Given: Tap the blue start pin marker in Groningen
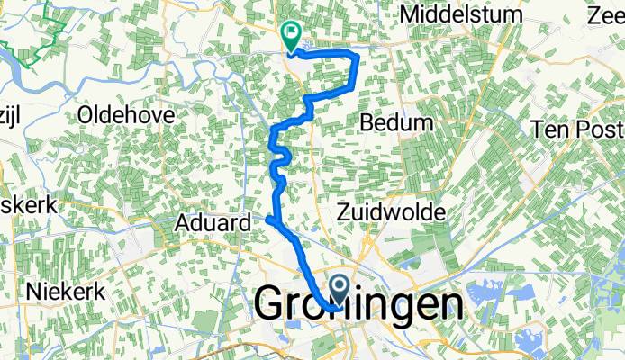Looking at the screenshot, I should (x=340, y=288).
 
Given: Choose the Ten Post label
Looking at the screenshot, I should (x=577, y=130).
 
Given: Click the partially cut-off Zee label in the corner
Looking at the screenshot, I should (x=610, y=15).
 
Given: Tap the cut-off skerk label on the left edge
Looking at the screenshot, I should (x=29, y=205).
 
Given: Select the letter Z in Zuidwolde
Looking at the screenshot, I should (x=343, y=211).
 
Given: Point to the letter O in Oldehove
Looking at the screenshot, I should (x=86, y=114).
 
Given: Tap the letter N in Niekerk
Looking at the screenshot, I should (x=35, y=292).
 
